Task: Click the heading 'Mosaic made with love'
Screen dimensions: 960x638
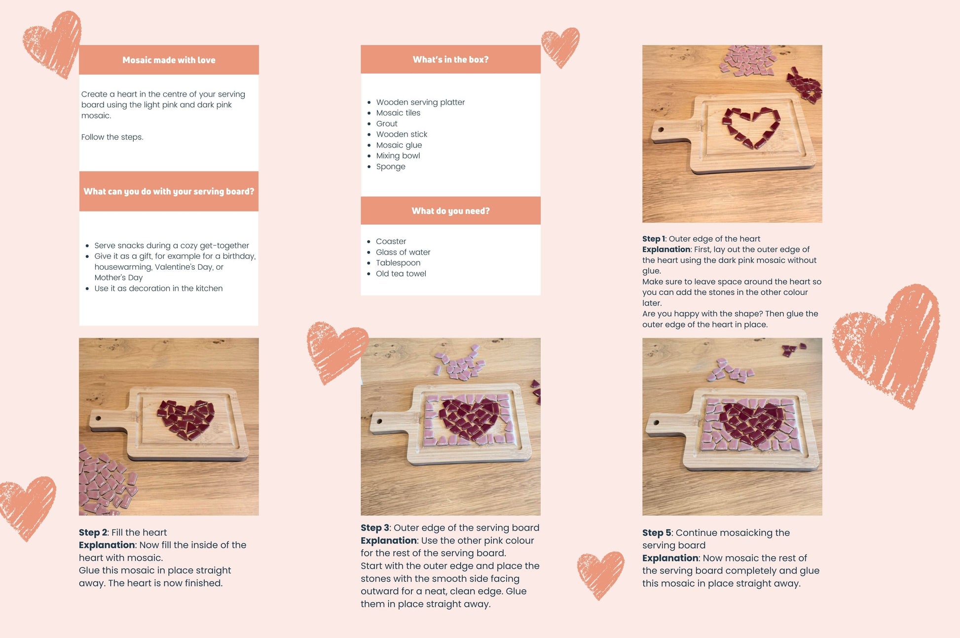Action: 169,60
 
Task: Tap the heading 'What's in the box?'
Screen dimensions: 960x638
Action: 450,60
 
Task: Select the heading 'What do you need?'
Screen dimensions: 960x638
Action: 450,211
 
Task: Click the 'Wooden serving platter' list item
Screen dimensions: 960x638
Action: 420,102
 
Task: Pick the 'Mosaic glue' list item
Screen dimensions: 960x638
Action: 399,145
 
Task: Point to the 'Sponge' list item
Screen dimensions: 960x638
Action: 391,167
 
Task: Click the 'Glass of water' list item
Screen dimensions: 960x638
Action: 403,252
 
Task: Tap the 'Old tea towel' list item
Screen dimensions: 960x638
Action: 401,274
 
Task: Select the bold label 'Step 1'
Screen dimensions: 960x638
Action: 653,239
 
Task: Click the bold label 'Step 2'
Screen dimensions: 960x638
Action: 93,532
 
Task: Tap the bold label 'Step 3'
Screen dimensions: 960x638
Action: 375,528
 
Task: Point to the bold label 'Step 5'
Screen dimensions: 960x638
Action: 657,533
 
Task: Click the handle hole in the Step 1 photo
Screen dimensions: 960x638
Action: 661,130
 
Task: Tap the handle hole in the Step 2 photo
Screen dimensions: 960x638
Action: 98,419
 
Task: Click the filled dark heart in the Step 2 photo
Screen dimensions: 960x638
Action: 186,419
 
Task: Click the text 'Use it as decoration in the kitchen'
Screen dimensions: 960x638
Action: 158,288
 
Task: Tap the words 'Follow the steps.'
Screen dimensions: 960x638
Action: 112,137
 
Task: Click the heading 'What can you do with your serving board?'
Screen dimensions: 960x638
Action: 169,191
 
